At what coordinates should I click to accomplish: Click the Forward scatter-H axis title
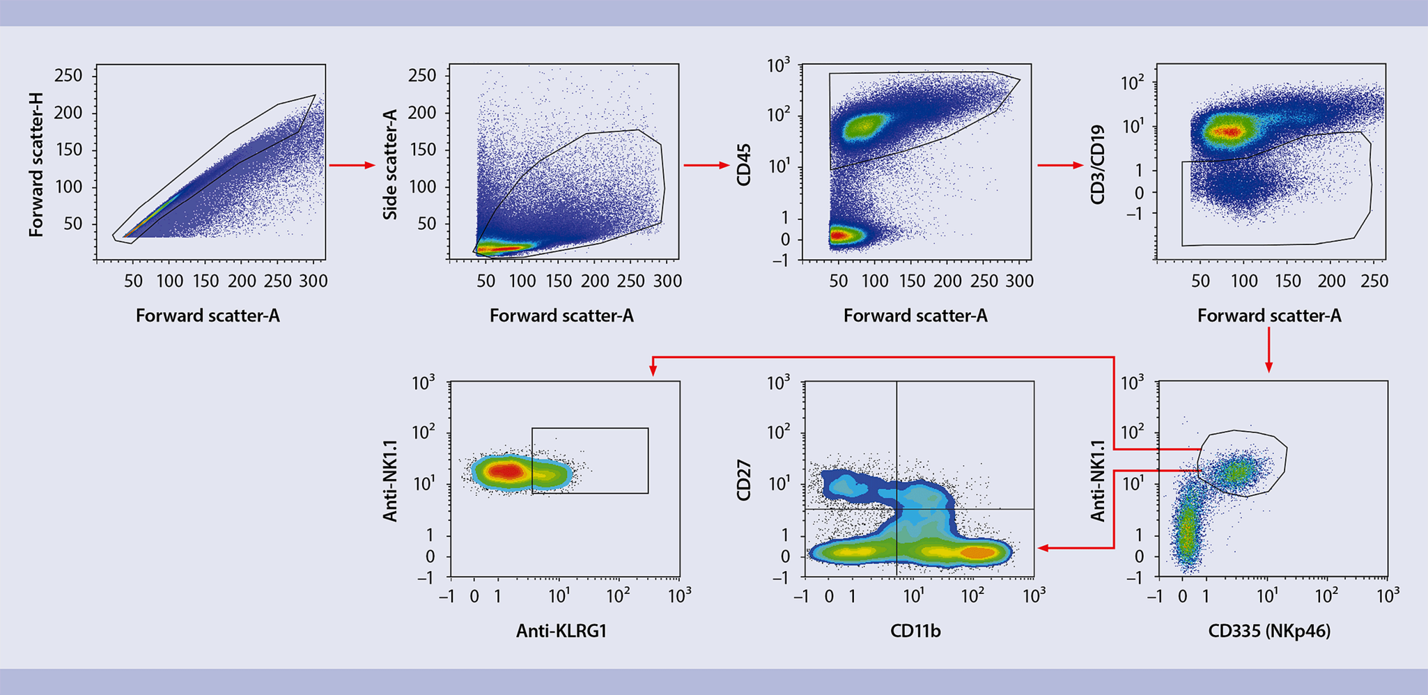click(36, 164)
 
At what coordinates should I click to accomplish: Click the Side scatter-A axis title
click(390, 164)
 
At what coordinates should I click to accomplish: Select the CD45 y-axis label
click(743, 164)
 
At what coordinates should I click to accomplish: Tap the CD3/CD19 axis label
click(1097, 164)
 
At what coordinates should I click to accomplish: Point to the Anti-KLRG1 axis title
click(561, 631)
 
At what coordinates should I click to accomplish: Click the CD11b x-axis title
click(915, 631)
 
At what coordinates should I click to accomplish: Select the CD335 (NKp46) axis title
click(1269, 631)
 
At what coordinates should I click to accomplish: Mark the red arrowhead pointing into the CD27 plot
click(1043, 548)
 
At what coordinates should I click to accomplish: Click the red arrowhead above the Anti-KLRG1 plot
click(653, 370)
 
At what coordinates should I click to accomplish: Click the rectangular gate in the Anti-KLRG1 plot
click(648, 460)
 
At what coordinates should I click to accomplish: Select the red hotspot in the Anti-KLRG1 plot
click(509, 471)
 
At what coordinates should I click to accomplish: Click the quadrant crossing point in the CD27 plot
click(897, 509)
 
